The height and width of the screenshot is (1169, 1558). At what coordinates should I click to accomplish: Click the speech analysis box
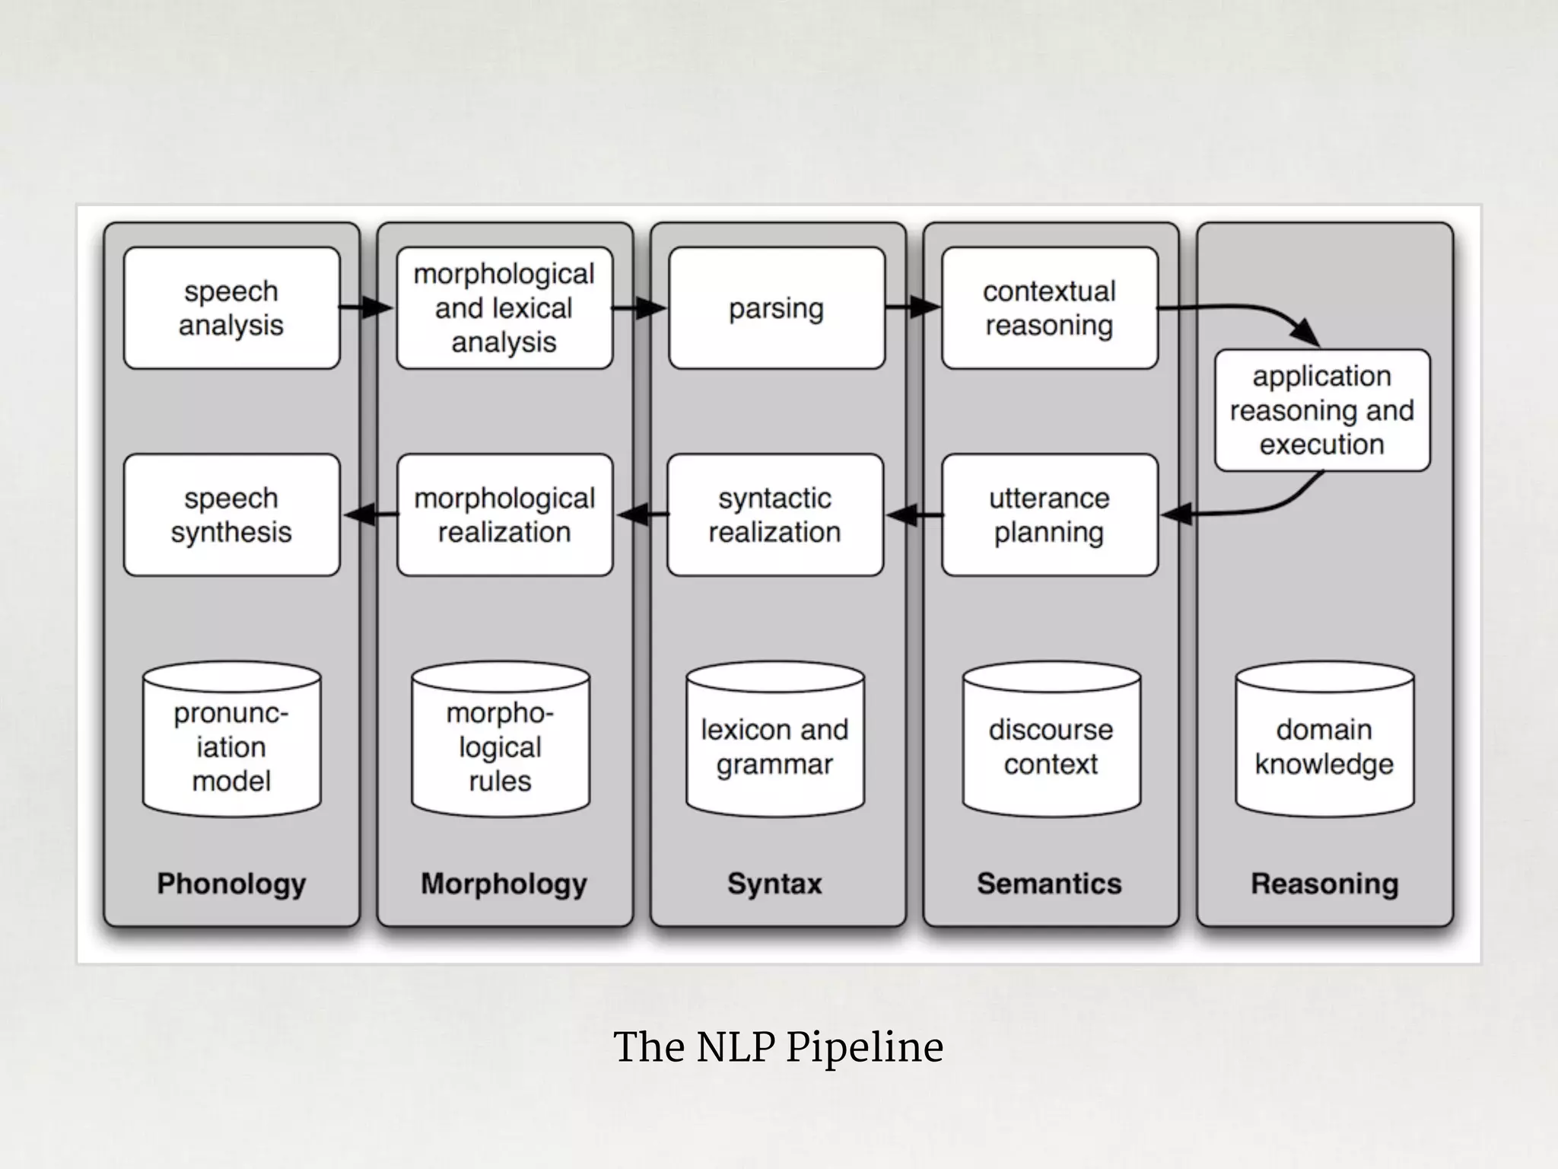click(x=231, y=308)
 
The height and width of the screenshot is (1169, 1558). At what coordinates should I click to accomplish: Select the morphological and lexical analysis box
click(x=504, y=308)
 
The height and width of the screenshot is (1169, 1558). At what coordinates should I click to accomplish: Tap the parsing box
click(x=777, y=308)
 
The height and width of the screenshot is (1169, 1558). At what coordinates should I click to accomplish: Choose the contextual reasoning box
click(x=1049, y=308)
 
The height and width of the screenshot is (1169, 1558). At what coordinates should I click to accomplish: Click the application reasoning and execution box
click(x=1322, y=410)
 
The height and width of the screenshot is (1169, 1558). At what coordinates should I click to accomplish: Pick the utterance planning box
click(x=1049, y=515)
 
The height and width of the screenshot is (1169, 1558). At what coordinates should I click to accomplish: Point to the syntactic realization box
click(x=775, y=515)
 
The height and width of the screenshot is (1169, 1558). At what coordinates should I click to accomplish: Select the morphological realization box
click(x=504, y=515)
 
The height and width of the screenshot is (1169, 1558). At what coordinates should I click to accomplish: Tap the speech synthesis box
click(x=231, y=515)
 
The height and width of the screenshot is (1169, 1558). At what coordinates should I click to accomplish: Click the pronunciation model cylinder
click(x=231, y=742)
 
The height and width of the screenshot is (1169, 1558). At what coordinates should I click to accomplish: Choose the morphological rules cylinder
click(x=500, y=742)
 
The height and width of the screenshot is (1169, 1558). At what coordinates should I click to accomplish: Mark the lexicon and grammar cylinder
click(x=774, y=742)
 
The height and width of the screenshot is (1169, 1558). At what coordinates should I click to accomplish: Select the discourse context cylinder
click(x=1051, y=742)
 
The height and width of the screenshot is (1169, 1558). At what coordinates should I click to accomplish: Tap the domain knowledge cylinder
click(x=1324, y=742)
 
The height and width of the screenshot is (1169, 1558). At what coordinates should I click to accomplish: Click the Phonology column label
click(x=231, y=884)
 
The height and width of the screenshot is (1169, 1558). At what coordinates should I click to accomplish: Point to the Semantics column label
click(x=1049, y=884)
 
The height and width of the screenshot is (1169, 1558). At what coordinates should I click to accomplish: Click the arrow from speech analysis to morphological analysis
click(x=366, y=307)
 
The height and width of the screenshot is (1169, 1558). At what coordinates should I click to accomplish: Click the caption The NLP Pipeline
click(x=778, y=1046)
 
